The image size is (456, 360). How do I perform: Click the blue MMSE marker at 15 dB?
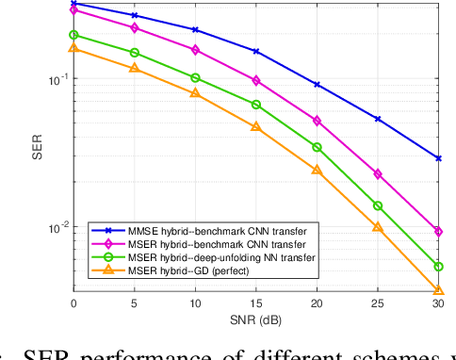pos(255,52)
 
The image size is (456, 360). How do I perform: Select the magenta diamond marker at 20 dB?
pos(317,121)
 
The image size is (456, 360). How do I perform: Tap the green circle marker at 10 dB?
pos(195,77)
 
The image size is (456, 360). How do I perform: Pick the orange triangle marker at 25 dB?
pos(378,226)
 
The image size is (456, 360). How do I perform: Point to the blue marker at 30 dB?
pos(438,158)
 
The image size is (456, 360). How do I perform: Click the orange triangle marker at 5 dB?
pos(134,68)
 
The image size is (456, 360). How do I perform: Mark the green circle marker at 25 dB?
pos(378,205)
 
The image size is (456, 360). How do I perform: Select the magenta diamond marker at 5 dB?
pos(134,28)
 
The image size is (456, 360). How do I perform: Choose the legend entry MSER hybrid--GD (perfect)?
pos(170,270)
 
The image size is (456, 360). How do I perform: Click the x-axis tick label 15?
pos(255,303)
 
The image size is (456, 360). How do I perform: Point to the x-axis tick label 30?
pos(437,303)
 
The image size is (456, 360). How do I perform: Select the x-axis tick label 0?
pos(73,303)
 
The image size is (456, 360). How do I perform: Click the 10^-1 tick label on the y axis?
pos(55,79)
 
